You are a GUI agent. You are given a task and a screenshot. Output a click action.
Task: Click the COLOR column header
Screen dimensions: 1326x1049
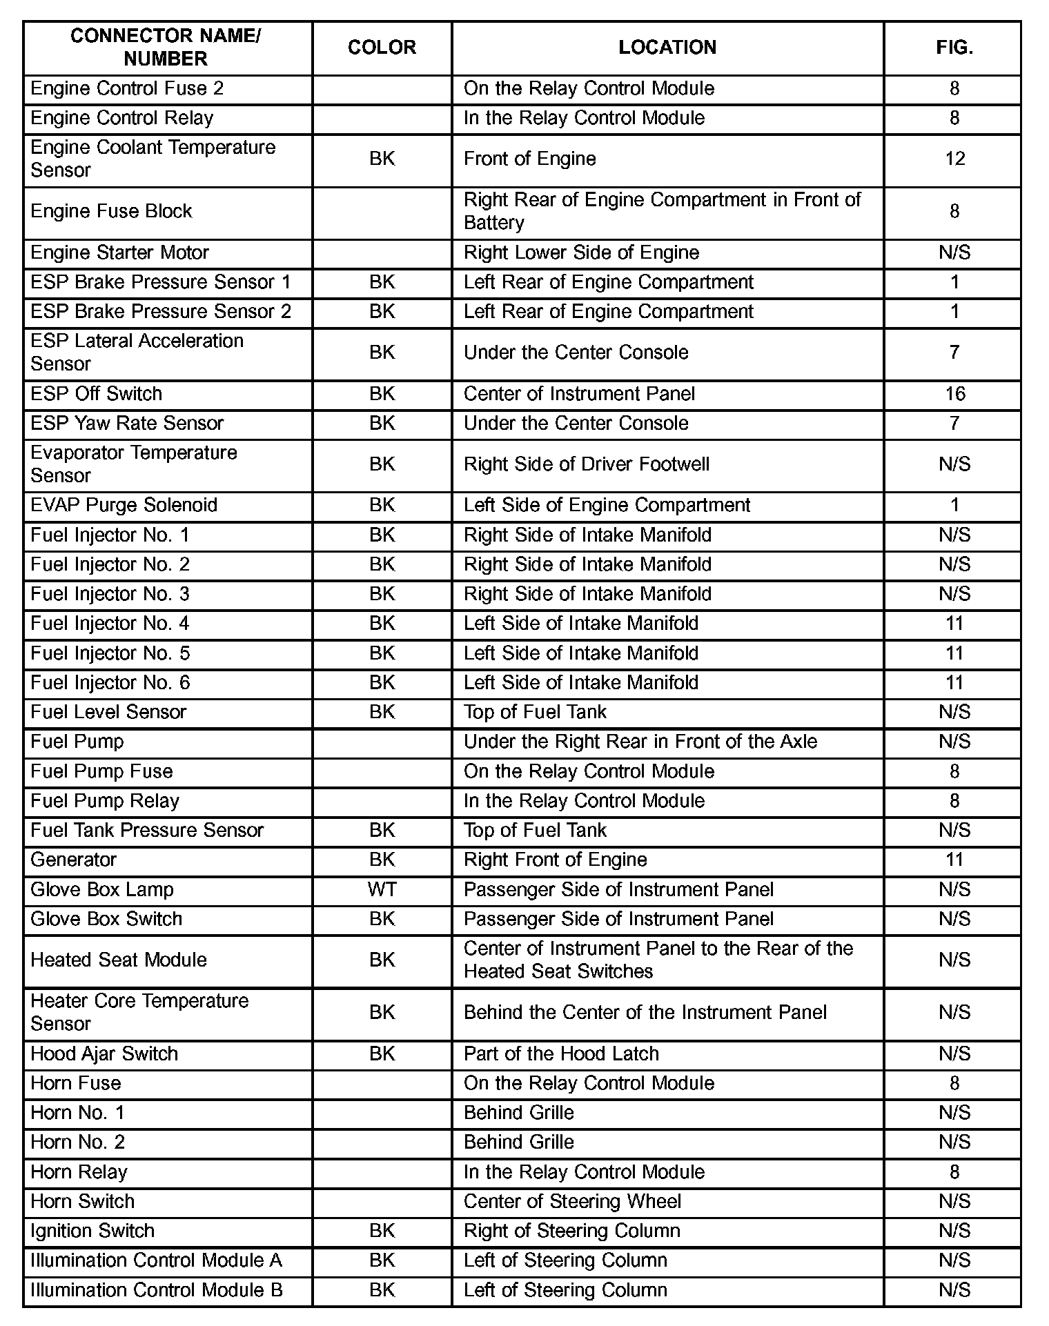pyautogui.click(x=382, y=48)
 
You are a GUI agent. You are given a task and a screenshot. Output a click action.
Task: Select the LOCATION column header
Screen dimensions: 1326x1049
pyautogui.click(x=667, y=48)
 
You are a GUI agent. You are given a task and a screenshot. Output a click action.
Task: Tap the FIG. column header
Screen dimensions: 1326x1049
pyautogui.click(x=954, y=48)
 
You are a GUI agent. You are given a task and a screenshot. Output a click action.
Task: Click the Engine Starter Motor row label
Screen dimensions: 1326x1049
pyautogui.click(x=119, y=253)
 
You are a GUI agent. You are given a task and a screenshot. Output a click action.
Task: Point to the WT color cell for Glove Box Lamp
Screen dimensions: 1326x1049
pyautogui.click(x=382, y=889)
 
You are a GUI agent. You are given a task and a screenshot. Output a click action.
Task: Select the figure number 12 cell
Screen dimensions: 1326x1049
pyautogui.click(x=954, y=159)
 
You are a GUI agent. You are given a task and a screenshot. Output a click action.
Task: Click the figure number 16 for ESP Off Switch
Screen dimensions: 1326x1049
pyautogui.click(x=954, y=394)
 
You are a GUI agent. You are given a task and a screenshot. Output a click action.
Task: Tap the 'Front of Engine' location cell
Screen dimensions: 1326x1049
pyautogui.click(x=529, y=159)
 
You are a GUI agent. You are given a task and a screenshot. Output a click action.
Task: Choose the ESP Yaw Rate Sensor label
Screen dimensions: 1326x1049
pyautogui.click(x=127, y=423)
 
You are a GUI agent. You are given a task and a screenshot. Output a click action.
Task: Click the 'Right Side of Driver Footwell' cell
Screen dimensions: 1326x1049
pyautogui.click(x=587, y=464)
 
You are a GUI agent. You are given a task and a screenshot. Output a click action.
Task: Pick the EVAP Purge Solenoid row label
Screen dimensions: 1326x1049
pyautogui.click(x=124, y=505)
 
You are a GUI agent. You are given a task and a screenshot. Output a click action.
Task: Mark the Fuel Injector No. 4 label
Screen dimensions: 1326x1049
pyautogui.click(x=110, y=624)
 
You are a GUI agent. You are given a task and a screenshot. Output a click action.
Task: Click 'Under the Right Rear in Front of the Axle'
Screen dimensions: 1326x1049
pyautogui.click(x=640, y=742)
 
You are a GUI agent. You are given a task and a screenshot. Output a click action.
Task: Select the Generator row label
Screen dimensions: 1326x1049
pyautogui.click(x=74, y=860)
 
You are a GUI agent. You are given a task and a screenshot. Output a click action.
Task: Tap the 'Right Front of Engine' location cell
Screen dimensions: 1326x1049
pyautogui.click(x=555, y=860)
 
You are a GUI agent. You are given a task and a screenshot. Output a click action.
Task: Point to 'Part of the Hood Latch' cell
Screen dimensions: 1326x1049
pyautogui.click(x=561, y=1053)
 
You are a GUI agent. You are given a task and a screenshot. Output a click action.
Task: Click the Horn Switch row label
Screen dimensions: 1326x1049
pyautogui.click(x=82, y=1201)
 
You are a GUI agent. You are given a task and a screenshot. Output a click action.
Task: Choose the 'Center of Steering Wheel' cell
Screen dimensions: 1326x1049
pyautogui.click(x=572, y=1201)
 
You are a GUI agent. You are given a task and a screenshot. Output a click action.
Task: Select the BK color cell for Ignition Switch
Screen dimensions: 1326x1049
pyautogui.click(x=382, y=1231)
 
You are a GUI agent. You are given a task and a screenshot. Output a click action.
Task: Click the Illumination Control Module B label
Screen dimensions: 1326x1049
pyautogui.click(x=157, y=1290)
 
